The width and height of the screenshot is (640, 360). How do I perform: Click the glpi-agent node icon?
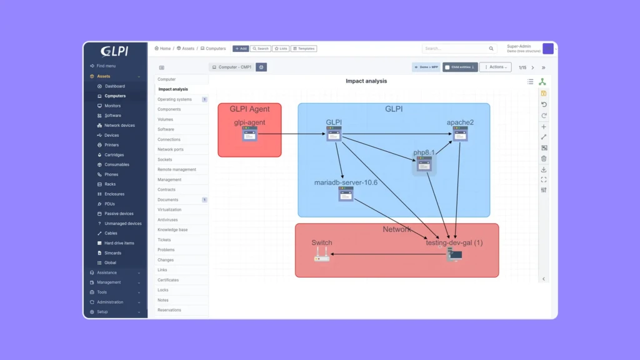point(249,134)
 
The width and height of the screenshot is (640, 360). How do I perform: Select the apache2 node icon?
point(460,134)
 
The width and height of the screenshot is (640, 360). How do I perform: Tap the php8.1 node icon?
point(424,164)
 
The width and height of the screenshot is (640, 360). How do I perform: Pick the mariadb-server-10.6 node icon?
point(346,194)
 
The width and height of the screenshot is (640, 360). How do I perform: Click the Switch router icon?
point(321,254)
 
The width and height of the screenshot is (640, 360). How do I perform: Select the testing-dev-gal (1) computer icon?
point(454,254)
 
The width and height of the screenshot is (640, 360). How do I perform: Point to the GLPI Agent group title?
point(249,109)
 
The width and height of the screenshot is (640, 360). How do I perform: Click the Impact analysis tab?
point(173,89)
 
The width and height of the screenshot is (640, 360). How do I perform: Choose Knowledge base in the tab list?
point(172,230)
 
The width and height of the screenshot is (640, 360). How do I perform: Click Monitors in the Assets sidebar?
point(112,106)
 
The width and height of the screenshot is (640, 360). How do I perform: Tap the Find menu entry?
point(106,66)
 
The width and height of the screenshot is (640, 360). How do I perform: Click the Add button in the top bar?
point(241,49)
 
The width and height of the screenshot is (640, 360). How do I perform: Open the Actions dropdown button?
point(495,67)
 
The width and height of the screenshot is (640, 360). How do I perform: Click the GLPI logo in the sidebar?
point(115,51)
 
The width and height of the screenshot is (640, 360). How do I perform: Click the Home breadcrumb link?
point(163,49)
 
